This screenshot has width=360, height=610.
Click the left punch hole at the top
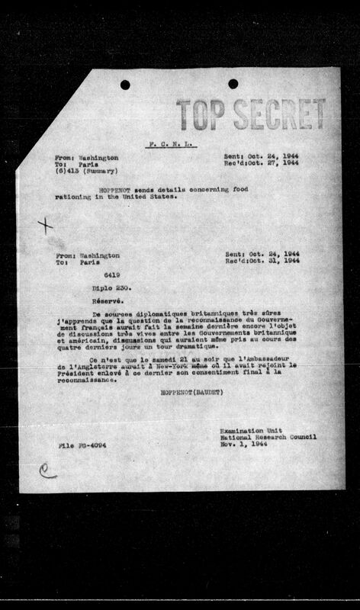tap(125, 85)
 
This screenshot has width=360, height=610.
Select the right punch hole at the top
tap(233, 84)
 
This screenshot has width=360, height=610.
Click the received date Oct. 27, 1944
tap(267, 163)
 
